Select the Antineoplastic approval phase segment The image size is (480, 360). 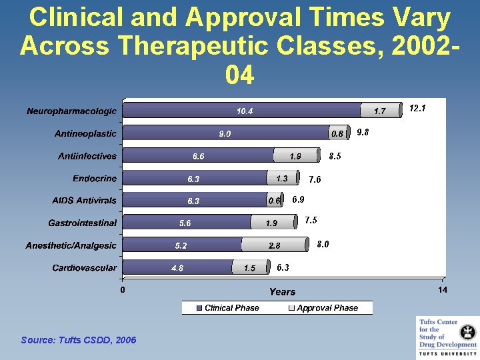click(339, 133)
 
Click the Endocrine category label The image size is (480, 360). click(95, 179)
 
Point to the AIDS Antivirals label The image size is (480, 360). click(84, 201)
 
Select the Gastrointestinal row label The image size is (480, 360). click(82, 223)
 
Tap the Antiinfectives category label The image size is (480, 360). click(87, 156)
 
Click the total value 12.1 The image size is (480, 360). click(417, 108)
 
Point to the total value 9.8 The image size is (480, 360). click(363, 132)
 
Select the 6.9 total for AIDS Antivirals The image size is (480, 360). click(298, 199)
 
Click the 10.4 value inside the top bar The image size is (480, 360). click(245, 111)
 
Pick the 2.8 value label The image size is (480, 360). click(274, 246)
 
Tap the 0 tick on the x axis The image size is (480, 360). click(122, 290)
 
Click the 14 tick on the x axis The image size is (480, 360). click(443, 290)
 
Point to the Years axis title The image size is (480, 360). click(282, 292)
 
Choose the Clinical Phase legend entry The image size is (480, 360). click(227, 308)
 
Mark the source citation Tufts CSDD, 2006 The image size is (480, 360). click(79, 341)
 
